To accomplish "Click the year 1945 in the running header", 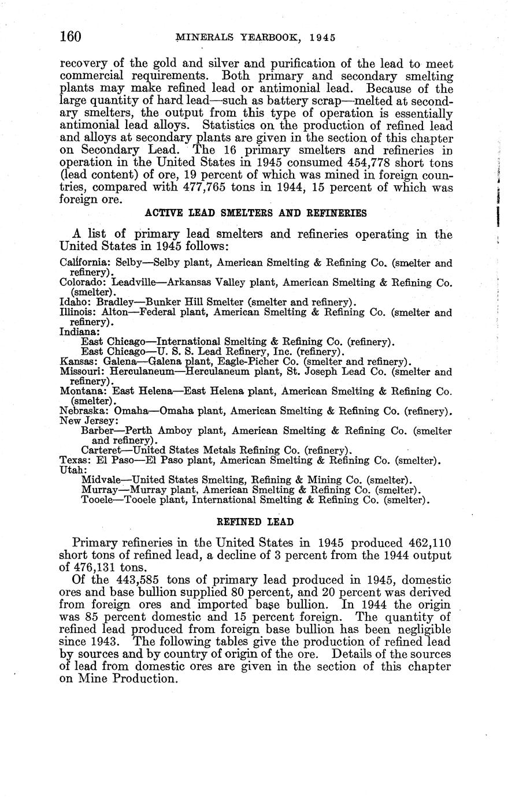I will (x=322, y=38).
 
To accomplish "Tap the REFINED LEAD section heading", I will (x=255, y=522).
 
